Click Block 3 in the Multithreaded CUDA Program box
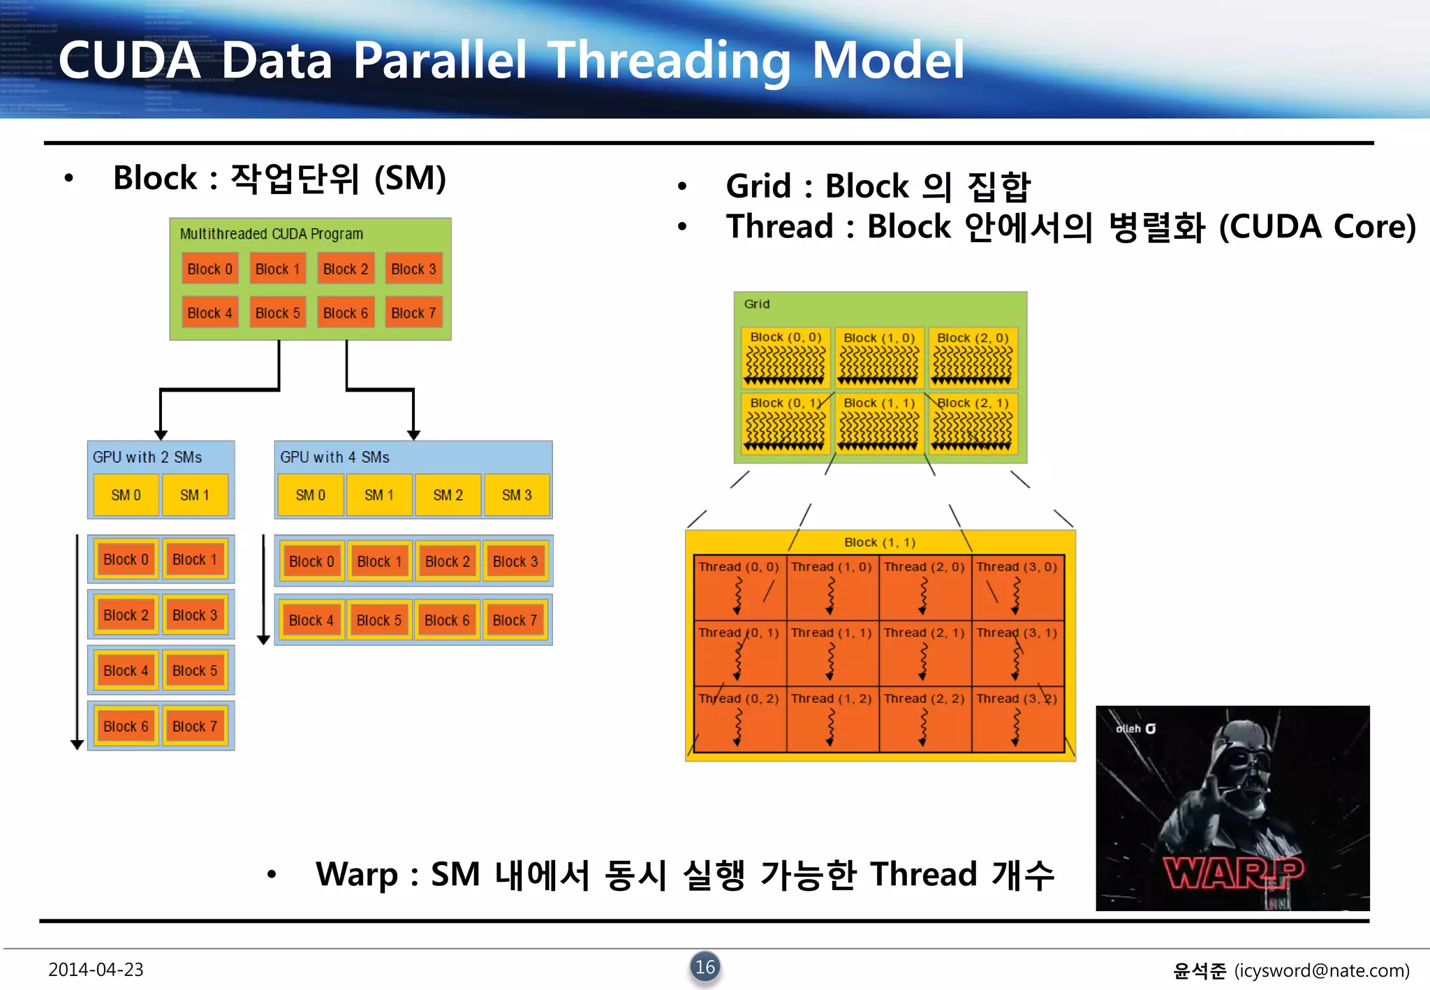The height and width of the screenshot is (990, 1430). point(413,269)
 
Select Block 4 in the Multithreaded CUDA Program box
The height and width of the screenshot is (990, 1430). point(209,313)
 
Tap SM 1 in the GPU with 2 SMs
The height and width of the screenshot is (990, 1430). point(194,495)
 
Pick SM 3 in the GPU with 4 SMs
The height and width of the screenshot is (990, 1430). point(517,495)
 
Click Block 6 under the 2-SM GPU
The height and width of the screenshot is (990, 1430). point(126,726)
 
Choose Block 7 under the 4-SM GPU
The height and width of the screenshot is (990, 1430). point(515,620)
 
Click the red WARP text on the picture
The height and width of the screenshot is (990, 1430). point(1232,873)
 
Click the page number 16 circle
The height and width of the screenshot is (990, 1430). point(705,967)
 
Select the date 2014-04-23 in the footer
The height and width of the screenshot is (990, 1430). point(96,970)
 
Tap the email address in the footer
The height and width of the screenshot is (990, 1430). point(1322,970)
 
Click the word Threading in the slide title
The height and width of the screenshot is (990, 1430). point(669,61)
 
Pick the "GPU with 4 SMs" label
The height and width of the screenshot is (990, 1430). point(334,457)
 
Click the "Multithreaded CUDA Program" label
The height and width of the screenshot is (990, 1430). point(272,234)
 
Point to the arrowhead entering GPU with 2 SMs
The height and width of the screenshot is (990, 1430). point(161,434)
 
